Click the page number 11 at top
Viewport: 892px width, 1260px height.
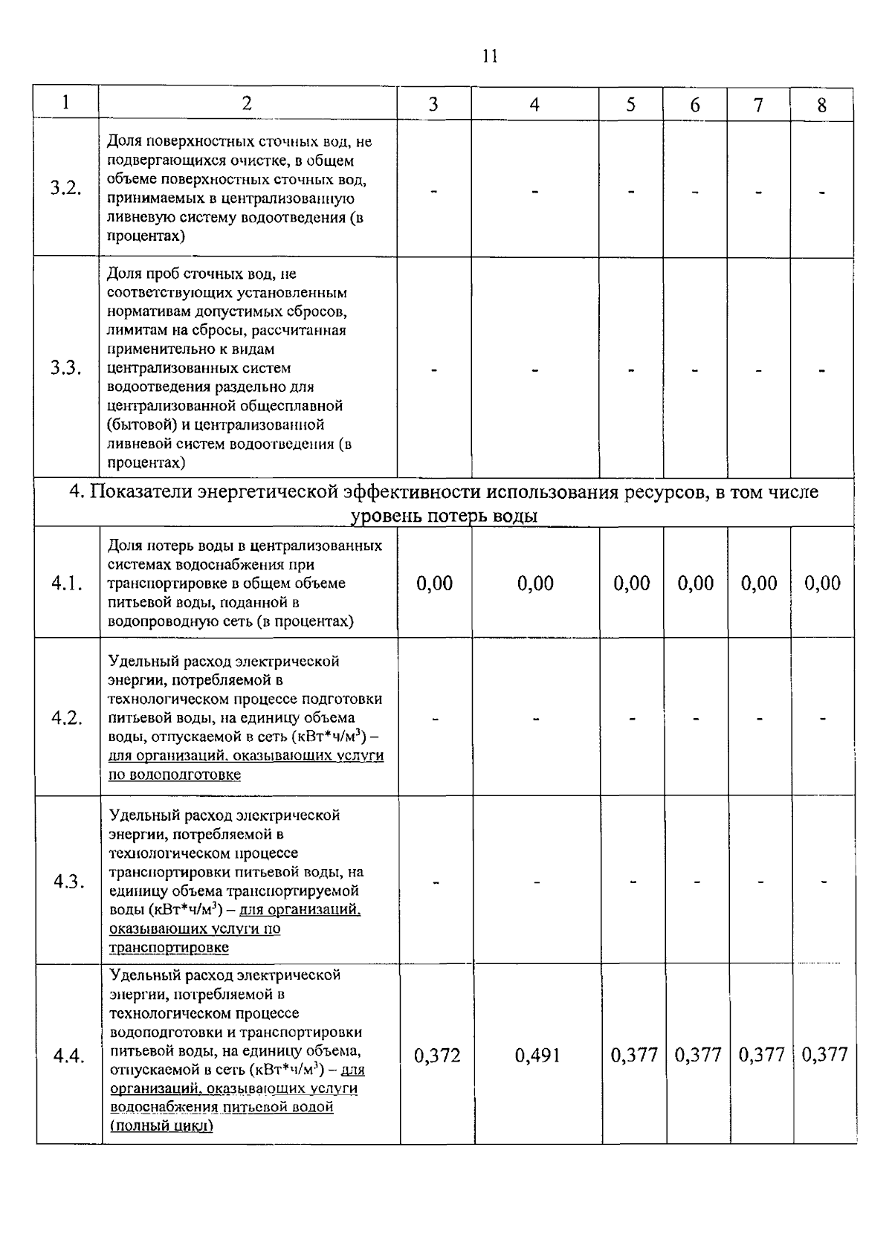pos(489,57)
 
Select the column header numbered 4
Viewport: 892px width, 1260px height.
pos(534,105)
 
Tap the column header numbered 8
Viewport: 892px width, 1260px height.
pos(821,106)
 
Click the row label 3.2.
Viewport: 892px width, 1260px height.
pos(65,188)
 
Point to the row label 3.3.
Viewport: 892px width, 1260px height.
pos(65,368)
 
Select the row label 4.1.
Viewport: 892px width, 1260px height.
pos(66,584)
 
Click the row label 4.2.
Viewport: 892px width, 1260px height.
pos(66,718)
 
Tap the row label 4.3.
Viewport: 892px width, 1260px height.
pos(68,882)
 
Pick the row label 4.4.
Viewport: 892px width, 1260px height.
pos(68,1056)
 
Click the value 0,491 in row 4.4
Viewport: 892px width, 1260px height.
pos(537,1055)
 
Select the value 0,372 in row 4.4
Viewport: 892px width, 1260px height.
pos(436,1055)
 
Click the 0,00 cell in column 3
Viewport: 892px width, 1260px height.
pos(435,584)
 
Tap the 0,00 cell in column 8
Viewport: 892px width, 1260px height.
pos(822,584)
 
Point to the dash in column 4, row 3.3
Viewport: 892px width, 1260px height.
pos(535,369)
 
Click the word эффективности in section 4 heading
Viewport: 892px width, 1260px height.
pos(412,493)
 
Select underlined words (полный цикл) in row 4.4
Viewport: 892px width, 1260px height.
pos(161,1126)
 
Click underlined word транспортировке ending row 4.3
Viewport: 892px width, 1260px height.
pos(169,948)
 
